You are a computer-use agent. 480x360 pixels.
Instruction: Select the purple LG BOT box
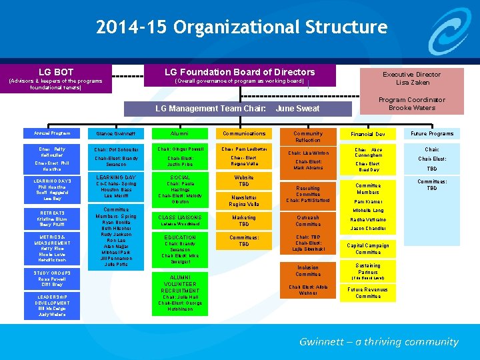[56, 78]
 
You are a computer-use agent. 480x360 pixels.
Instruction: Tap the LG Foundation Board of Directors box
[240, 76]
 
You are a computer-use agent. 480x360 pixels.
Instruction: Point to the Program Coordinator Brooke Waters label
[411, 104]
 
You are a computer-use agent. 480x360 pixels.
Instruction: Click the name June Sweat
[297, 108]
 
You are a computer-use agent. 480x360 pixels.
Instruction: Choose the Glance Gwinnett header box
[116, 133]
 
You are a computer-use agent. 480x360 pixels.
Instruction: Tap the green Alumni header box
[180, 133]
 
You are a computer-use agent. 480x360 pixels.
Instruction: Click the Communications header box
[244, 133]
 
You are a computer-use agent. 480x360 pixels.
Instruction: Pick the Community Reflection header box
[307, 137]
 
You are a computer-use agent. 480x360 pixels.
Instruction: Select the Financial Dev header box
[367, 134]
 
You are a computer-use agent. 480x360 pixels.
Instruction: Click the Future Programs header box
[431, 133]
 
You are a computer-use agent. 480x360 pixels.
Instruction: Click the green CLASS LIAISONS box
[180, 220]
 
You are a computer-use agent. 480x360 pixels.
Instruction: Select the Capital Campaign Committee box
[367, 249]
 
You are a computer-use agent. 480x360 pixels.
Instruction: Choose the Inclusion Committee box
[307, 271]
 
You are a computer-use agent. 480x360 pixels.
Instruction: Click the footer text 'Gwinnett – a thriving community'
[379, 342]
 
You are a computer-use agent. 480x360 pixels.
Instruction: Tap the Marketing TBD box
[244, 221]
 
